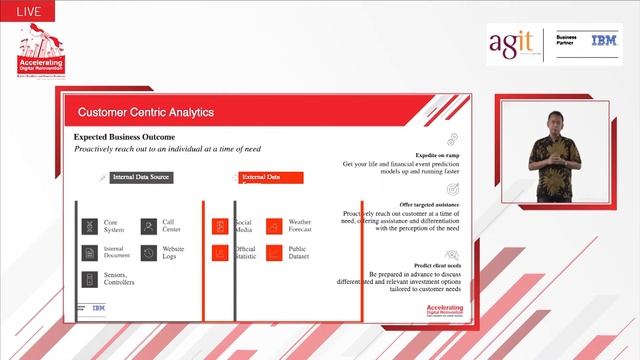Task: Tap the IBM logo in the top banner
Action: point(604,41)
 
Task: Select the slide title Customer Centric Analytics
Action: point(146,113)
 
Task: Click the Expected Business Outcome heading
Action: point(125,136)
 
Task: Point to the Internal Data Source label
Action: point(141,177)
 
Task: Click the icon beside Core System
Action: point(89,226)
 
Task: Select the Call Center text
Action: point(173,226)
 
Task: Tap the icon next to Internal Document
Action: point(89,253)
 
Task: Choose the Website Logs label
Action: point(174,253)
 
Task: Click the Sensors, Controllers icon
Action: point(89,279)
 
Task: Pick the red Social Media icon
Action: point(219,226)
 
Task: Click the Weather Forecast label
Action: point(300,226)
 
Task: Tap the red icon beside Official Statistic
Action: point(219,253)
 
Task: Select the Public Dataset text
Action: point(298,253)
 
